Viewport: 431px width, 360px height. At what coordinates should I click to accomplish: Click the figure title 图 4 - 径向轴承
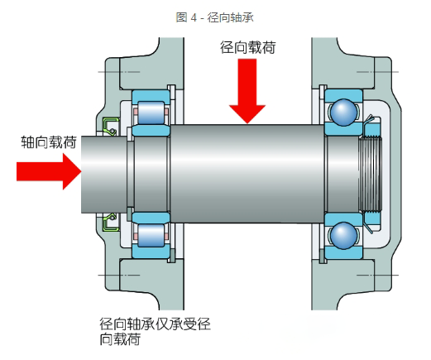pos(215,17)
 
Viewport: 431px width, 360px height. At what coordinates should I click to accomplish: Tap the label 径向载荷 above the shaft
pos(247,47)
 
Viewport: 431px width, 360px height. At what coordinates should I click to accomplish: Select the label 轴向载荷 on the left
pos(49,142)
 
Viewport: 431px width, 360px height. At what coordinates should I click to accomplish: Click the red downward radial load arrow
pos(247,91)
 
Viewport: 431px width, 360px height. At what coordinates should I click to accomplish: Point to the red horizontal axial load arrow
pos(49,171)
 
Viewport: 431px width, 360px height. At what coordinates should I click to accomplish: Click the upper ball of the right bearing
pos(343,113)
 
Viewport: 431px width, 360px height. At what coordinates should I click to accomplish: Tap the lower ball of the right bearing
pos(343,236)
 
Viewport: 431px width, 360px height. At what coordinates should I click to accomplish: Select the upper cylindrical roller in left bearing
pos(151,113)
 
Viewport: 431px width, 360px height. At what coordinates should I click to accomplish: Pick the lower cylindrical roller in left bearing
pos(151,235)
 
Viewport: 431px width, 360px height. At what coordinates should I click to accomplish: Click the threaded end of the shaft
pos(371,174)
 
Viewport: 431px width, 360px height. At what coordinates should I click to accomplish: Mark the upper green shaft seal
pos(111,127)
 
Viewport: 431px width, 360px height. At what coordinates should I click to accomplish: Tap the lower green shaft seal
pos(111,222)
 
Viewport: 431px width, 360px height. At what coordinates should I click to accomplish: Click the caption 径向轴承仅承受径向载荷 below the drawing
pos(155,332)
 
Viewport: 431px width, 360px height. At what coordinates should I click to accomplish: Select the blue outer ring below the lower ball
pos(343,252)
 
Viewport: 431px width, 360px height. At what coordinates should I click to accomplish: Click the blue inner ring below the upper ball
pos(343,129)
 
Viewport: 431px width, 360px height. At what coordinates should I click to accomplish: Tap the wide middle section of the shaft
pos(247,174)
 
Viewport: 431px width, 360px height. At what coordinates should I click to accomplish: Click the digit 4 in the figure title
pos(194,18)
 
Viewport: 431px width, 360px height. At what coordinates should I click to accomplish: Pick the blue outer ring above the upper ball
pos(343,96)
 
